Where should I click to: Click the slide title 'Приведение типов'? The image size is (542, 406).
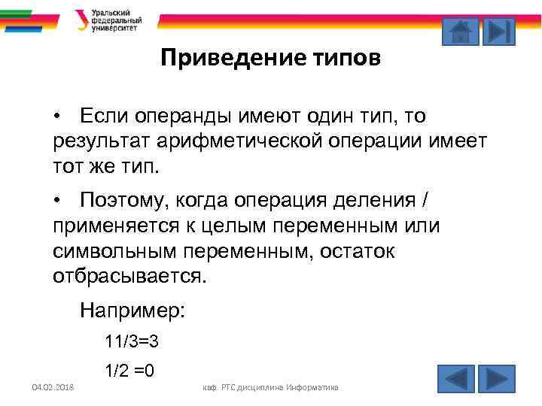tap(271, 58)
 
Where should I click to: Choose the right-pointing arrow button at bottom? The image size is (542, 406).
tap(496, 378)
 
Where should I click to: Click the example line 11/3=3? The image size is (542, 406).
tap(132, 342)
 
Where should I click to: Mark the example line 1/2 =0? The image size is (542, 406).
tap(130, 370)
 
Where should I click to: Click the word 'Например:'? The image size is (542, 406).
tap(132, 310)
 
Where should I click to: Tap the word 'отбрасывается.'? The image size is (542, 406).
tap(129, 276)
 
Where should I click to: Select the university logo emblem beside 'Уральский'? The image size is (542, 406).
tap(81, 20)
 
